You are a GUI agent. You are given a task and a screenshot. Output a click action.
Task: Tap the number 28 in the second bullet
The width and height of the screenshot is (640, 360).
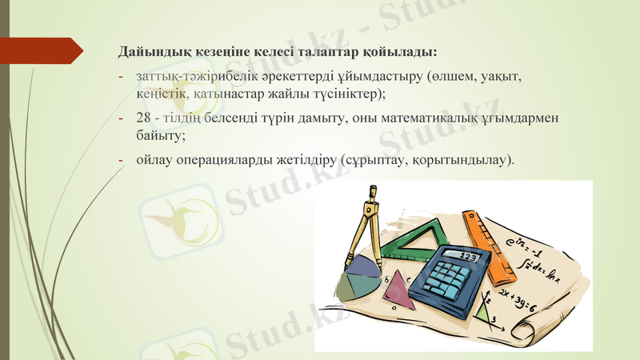click(144, 118)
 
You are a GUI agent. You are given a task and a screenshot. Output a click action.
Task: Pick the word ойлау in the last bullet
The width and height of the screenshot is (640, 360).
click(154, 160)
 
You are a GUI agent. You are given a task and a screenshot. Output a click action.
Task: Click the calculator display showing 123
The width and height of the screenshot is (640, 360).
click(470, 257)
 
